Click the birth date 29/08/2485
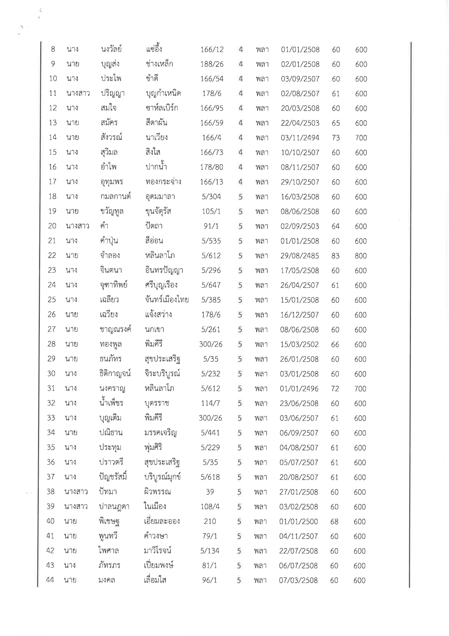(x=299, y=256)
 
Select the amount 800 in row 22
(x=361, y=256)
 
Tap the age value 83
(x=335, y=256)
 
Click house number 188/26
(x=212, y=64)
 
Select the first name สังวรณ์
(x=112, y=137)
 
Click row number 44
(x=50, y=580)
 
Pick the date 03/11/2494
(x=300, y=138)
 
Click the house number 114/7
(x=210, y=403)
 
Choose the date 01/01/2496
(x=299, y=389)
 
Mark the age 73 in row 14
(x=336, y=138)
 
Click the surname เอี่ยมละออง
(x=161, y=521)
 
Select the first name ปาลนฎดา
(x=114, y=507)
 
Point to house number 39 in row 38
(x=210, y=492)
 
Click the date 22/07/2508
(x=298, y=551)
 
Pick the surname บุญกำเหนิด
(x=163, y=94)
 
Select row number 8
(x=53, y=49)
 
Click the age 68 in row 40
(x=334, y=521)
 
